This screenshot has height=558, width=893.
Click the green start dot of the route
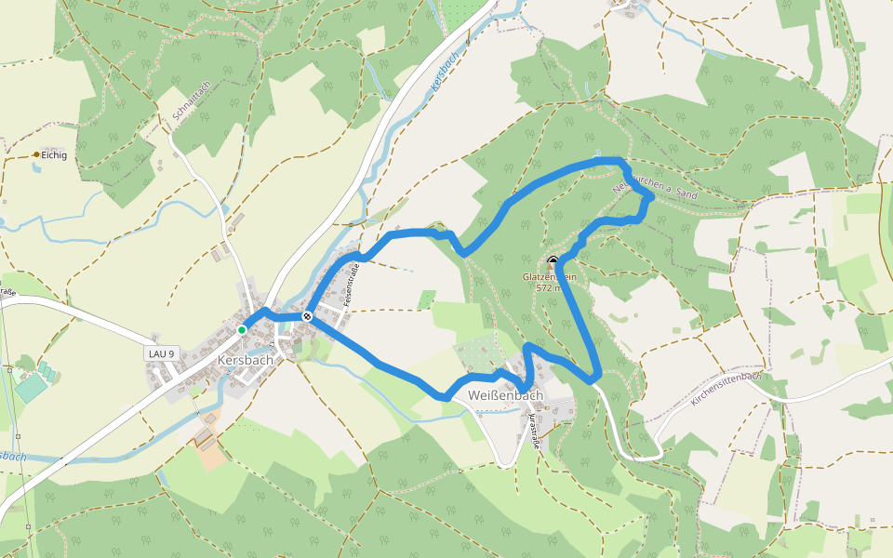tap(242, 329)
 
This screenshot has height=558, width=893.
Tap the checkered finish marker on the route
tap(307, 317)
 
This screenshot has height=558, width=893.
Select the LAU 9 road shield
tap(161, 353)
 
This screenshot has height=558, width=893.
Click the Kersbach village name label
tap(245, 359)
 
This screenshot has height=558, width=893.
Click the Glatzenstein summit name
tap(550, 276)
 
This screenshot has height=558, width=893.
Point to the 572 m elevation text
tap(550, 287)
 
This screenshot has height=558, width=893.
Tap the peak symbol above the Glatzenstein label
tap(553, 261)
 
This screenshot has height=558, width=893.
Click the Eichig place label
tap(54, 155)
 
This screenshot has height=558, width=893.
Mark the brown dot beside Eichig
tap(36, 154)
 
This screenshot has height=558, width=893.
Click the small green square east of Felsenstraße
tap(427, 299)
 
